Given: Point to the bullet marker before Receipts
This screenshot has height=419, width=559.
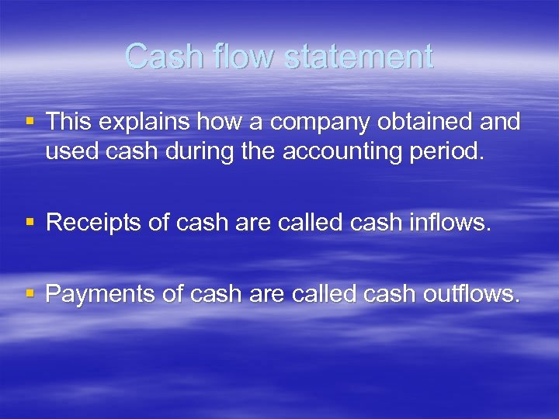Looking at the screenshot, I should pyautogui.click(x=30, y=222).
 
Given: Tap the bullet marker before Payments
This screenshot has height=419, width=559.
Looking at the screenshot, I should pyautogui.click(x=30, y=293).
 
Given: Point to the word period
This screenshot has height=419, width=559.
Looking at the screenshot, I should pyautogui.click(x=450, y=151).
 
